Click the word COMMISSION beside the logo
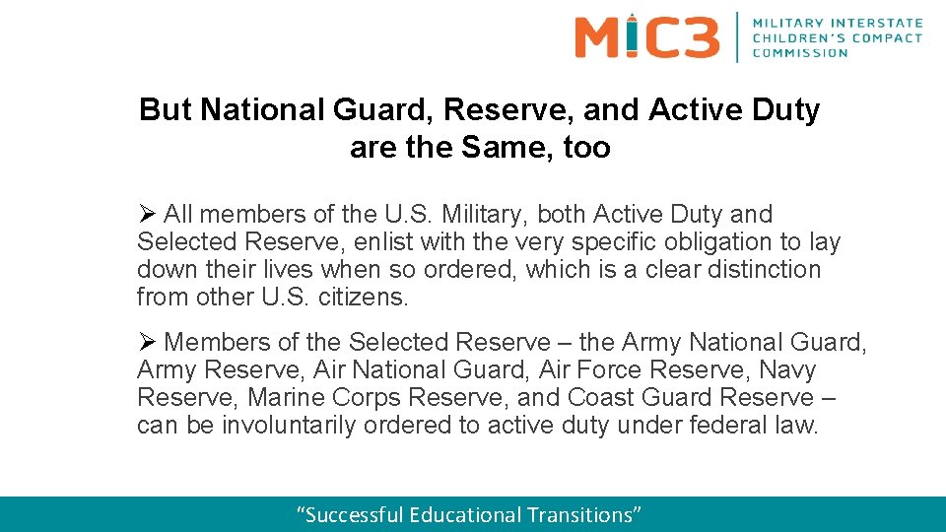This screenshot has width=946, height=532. pyautogui.click(x=800, y=53)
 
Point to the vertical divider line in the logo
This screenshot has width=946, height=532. pyautogui.click(x=737, y=36)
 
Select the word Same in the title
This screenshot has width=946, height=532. pyautogui.click(x=507, y=148)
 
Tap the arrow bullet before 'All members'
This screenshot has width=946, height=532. pyautogui.click(x=147, y=214)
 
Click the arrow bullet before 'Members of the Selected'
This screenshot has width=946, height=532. pyautogui.click(x=147, y=342)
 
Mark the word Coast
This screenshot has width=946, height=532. pyautogui.click(x=602, y=397)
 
